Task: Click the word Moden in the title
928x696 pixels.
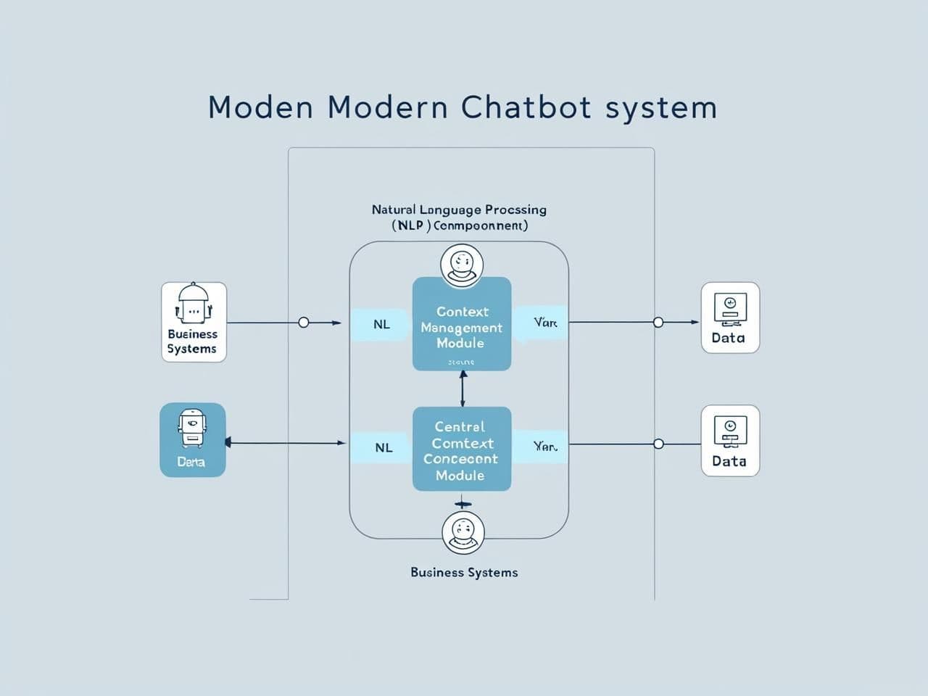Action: point(260,107)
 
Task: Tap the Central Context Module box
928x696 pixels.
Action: point(462,449)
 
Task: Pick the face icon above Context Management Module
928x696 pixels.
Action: point(462,265)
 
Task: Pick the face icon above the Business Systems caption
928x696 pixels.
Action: point(463,532)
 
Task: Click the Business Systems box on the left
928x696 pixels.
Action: point(194,322)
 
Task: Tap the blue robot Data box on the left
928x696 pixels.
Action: point(192,439)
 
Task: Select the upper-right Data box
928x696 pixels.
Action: point(730,318)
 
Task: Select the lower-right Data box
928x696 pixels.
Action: point(730,440)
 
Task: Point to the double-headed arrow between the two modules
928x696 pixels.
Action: point(463,389)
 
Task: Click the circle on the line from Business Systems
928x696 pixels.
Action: point(304,322)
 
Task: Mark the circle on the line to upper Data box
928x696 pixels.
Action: point(658,322)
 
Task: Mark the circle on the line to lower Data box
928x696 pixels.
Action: point(658,444)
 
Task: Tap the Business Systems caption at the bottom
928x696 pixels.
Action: point(464,572)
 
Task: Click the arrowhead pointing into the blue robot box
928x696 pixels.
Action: point(228,442)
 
